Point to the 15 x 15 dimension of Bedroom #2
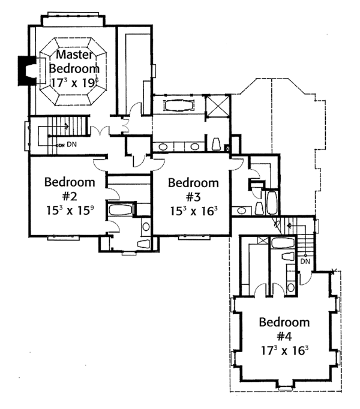pyautogui.click(x=70, y=211)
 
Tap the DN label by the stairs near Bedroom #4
pyautogui.click(x=305, y=261)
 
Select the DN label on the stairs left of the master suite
pyautogui.click(x=71, y=145)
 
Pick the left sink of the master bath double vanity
pyautogui.click(x=164, y=146)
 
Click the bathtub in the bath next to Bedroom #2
pyautogui.click(x=122, y=209)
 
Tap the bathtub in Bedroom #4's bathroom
pyautogui.click(x=280, y=243)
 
